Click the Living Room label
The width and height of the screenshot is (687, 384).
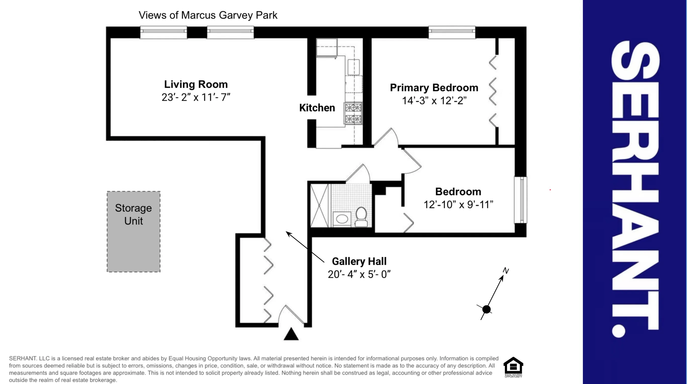196,84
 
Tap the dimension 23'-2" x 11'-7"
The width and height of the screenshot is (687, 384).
196,97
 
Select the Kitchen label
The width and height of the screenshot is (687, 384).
317,108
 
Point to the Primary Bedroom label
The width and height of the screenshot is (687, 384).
434,88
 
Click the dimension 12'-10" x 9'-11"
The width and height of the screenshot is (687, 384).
458,205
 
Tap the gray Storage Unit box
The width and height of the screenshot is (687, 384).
133,231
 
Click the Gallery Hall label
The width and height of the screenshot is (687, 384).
359,261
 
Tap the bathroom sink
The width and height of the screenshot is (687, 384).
342,219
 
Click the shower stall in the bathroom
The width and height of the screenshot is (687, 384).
320,205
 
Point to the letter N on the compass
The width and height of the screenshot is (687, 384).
506,271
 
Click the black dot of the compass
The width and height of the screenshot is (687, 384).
486,310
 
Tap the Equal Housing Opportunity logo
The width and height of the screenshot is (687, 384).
513,367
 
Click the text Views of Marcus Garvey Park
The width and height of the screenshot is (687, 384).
208,15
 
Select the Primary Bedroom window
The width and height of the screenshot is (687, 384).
452,32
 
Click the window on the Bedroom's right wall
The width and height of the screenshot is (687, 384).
521,200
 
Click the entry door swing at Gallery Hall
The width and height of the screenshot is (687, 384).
291,316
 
